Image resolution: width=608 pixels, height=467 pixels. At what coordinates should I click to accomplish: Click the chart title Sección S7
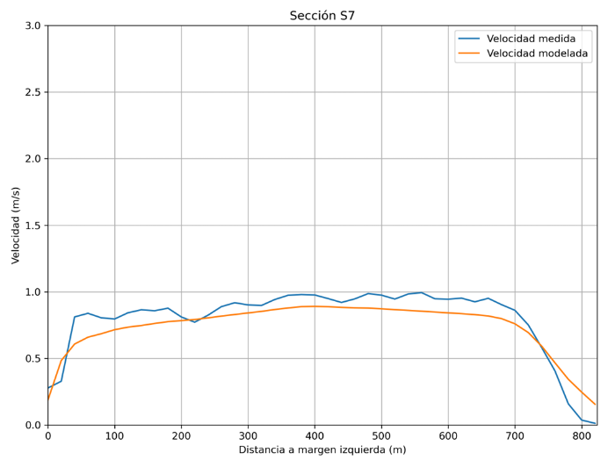(x=322, y=16)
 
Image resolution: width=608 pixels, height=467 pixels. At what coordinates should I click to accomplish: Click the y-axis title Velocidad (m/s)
(x=16, y=225)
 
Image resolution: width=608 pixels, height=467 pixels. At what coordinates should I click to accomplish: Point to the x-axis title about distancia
(x=322, y=450)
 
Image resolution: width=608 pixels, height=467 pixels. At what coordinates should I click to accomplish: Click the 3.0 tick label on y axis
(x=32, y=25)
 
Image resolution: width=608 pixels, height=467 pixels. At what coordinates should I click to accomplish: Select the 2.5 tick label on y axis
(x=32, y=92)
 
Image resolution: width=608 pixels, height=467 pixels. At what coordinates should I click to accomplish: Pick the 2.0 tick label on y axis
(x=32, y=159)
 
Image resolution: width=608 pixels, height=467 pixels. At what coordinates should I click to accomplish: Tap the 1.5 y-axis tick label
(x=32, y=226)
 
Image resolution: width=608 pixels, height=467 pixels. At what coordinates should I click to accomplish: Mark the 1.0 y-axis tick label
(x=32, y=292)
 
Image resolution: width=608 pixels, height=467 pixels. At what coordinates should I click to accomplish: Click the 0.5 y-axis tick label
(x=32, y=358)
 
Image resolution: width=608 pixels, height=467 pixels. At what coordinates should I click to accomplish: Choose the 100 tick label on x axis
(x=114, y=435)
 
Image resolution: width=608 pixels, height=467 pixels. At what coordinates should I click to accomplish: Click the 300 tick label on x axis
(x=248, y=435)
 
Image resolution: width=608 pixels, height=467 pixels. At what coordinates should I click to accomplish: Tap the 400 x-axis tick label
(x=315, y=435)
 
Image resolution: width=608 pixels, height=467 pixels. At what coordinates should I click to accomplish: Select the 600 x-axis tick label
(x=448, y=435)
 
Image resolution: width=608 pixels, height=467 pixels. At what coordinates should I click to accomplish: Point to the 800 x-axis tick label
(x=582, y=435)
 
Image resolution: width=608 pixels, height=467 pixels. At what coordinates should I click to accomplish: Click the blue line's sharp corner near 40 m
(x=75, y=317)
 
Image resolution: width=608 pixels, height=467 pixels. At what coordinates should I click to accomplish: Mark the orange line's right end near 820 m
(x=595, y=405)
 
